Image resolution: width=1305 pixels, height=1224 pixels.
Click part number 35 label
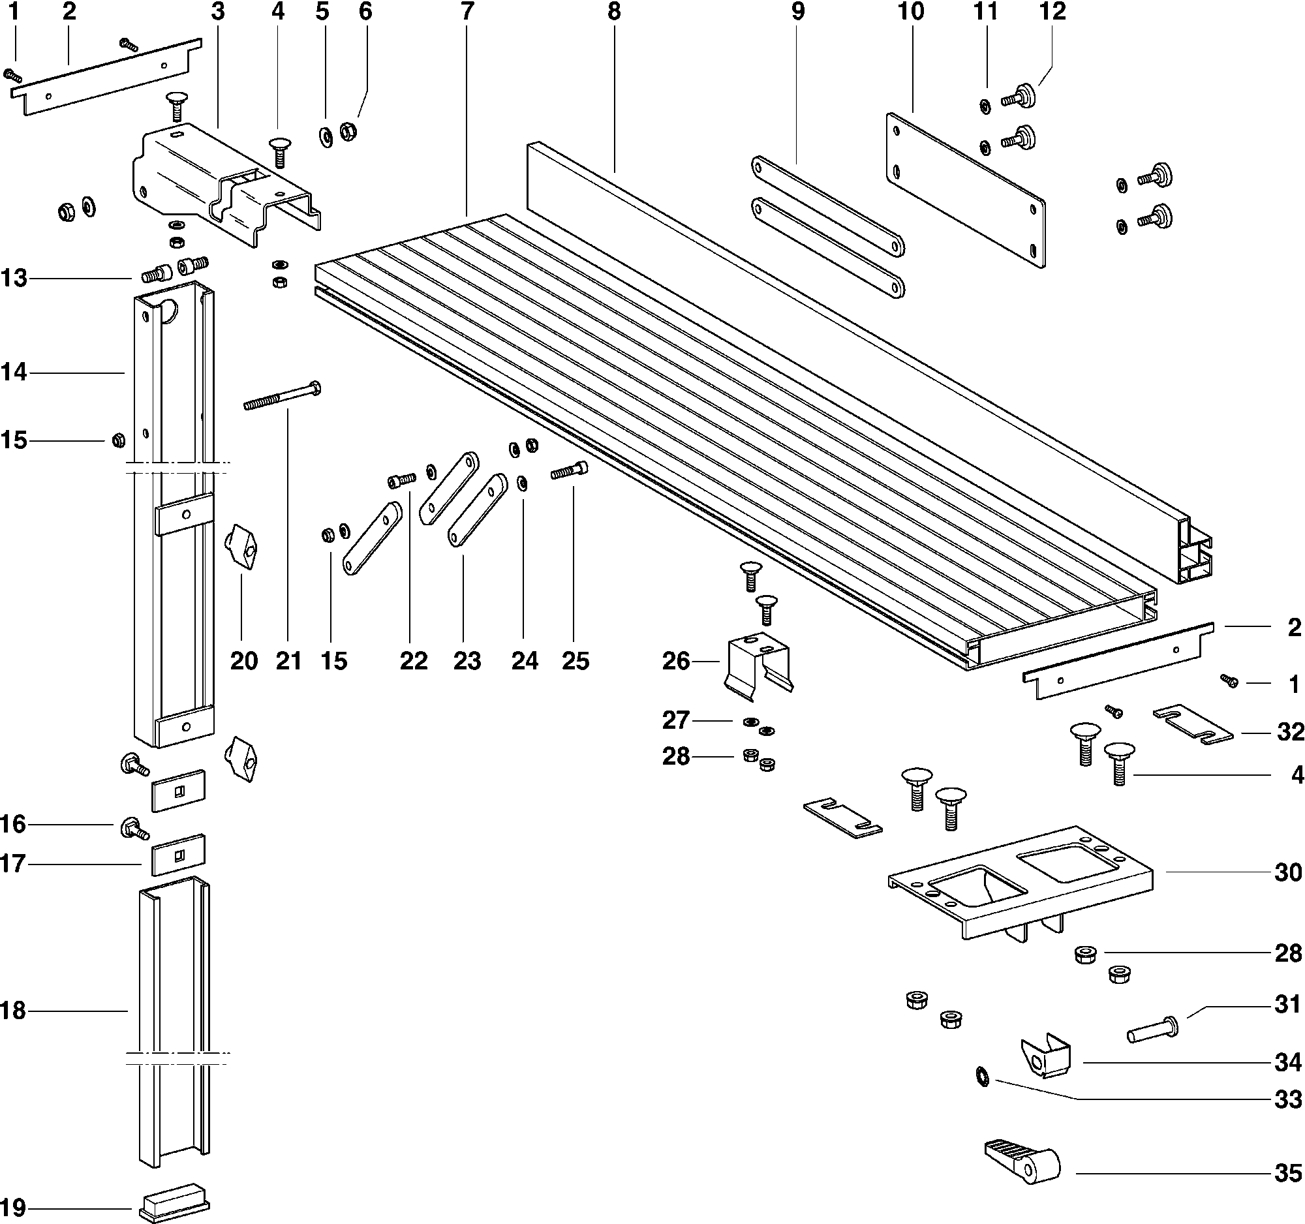click(x=1287, y=1173)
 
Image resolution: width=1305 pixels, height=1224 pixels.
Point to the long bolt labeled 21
click(x=283, y=397)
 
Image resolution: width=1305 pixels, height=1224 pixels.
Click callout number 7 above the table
click(x=467, y=12)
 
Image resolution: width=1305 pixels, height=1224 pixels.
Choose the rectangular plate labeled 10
click(x=965, y=190)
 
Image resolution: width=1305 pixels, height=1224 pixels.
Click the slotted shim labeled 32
click(x=1193, y=725)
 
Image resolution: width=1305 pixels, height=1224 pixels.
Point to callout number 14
click(x=14, y=372)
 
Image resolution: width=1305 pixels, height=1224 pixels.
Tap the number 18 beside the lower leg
click(x=14, y=1011)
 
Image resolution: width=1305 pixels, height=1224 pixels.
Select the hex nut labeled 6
click(x=348, y=132)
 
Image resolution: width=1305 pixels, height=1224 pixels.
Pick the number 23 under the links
click(x=467, y=660)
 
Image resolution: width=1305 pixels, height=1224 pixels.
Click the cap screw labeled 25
click(x=569, y=470)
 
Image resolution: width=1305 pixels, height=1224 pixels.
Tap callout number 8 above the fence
click(x=614, y=12)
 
